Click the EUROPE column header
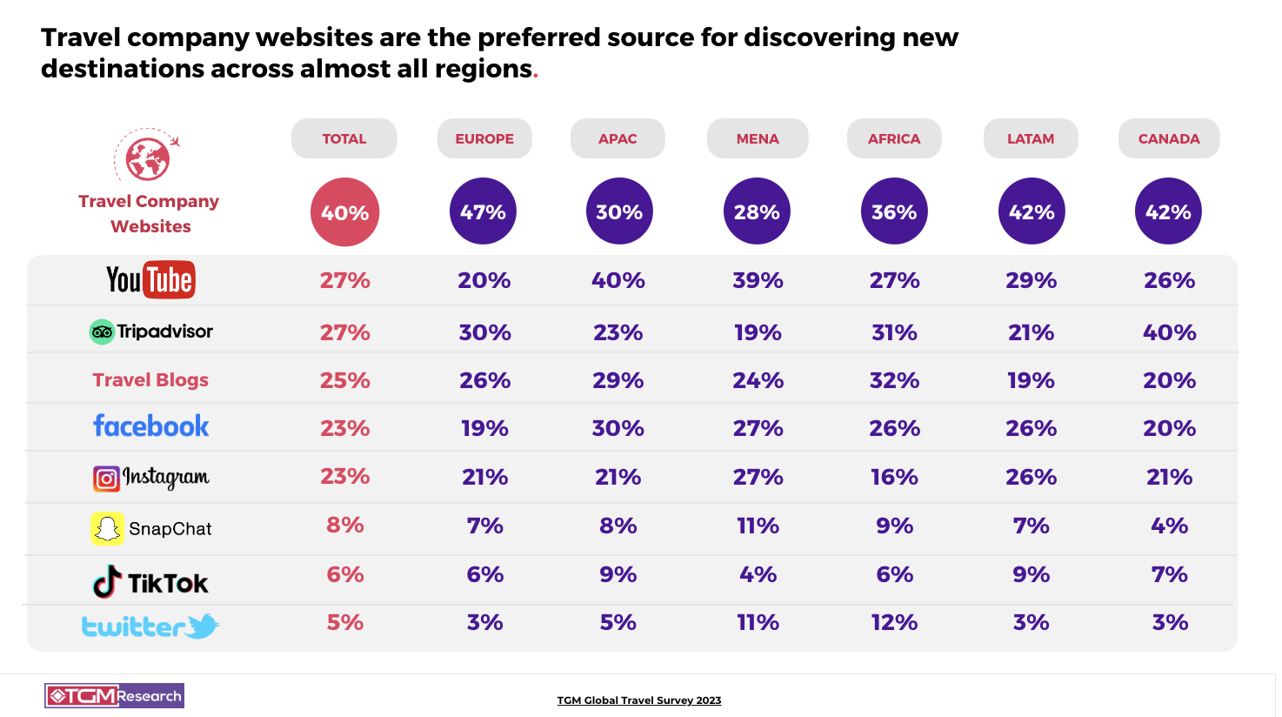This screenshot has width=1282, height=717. pyautogui.click(x=484, y=138)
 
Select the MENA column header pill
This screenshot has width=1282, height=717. pyautogui.click(x=758, y=138)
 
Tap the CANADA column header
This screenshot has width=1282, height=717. pyautogui.click(x=1169, y=138)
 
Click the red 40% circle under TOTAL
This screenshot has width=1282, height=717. pyautogui.click(x=344, y=212)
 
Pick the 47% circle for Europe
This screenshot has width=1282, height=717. pyautogui.click(x=483, y=211)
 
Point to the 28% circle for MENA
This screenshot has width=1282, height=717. pyautogui.click(x=757, y=211)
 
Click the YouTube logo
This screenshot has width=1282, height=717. pyautogui.click(x=150, y=279)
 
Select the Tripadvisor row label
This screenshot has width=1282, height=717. pyautogui.click(x=151, y=332)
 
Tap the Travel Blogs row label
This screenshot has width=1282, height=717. pyautogui.click(x=150, y=380)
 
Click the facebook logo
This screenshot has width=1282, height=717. pyautogui.click(x=151, y=426)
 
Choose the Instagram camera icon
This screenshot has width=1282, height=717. pyautogui.click(x=106, y=479)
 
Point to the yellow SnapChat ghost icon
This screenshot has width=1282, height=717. pyautogui.click(x=107, y=528)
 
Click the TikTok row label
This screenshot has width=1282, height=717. pyautogui.click(x=151, y=582)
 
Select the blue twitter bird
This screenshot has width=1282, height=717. pyautogui.click(x=203, y=625)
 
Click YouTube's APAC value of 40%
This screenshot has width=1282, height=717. pyautogui.click(x=618, y=280)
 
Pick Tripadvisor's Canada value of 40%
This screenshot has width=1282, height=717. pyautogui.click(x=1170, y=332)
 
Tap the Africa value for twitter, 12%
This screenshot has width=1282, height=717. pyautogui.click(x=894, y=623)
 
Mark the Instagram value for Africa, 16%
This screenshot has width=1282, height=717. pyautogui.click(x=894, y=477)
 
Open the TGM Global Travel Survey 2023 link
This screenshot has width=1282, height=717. pyautogui.click(x=639, y=700)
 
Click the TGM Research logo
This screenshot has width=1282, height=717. pyautogui.click(x=114, y=695)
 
